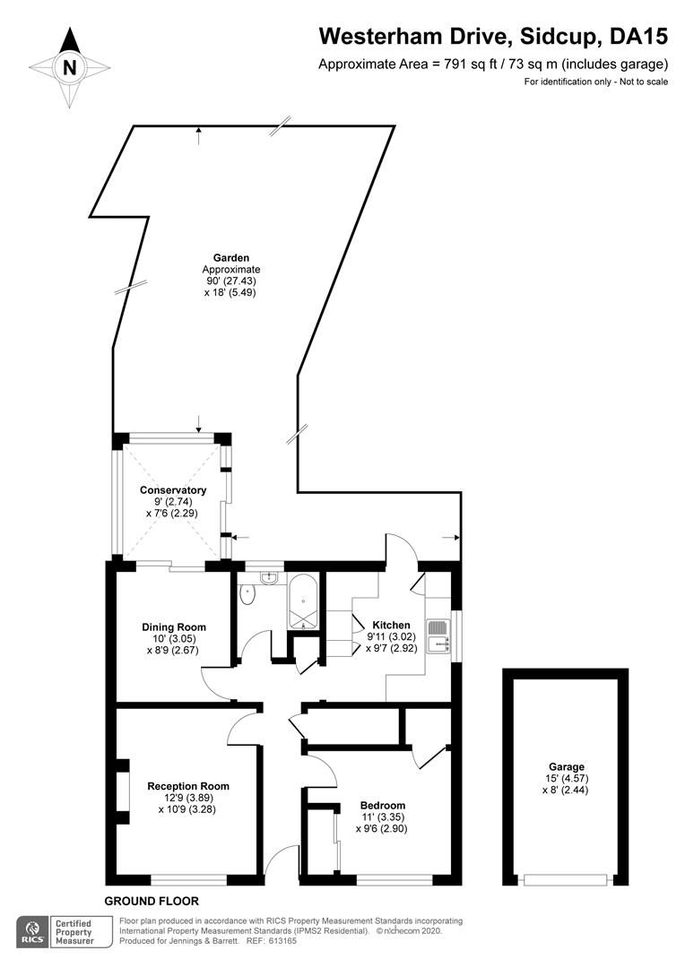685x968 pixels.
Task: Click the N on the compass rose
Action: (70, 67)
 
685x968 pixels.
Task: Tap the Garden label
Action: (231, 258)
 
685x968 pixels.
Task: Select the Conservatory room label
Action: (173, 490)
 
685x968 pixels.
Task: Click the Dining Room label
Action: (174, 627)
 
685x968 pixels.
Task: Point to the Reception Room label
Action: (188, 787)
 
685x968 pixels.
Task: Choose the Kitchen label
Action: (391, 626)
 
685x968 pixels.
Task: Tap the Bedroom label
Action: (383, 806)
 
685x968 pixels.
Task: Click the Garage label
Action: (567, 767)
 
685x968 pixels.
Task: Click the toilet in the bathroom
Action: (248, 594)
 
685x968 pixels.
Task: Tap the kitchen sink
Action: (440, 635)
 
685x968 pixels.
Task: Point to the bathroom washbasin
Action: (269, 578)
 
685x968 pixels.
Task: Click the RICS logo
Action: (33, 931)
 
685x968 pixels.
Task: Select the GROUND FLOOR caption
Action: (152, 901)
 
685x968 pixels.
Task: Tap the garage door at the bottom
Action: (566, 880)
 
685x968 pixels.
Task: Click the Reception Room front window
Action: (189, 880)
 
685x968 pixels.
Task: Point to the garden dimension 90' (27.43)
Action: (231, 281)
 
